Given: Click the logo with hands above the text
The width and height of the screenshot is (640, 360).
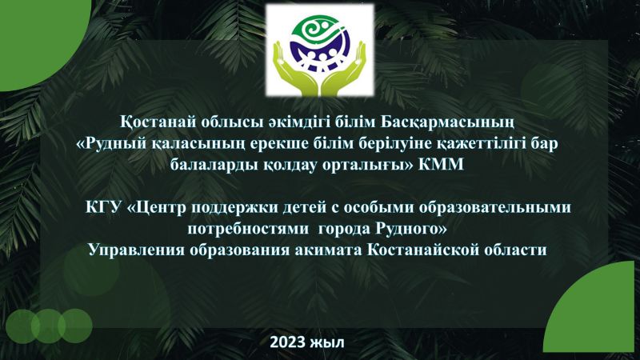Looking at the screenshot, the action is tap(319, 50).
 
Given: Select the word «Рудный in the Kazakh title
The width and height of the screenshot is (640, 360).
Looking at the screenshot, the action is tap(109, 144).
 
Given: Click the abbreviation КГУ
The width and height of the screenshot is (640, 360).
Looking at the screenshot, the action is tap(104, 207).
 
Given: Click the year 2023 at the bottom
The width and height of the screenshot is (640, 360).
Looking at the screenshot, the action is tap(288, 342).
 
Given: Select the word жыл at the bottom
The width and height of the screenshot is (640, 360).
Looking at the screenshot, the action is tap(328, 342).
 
